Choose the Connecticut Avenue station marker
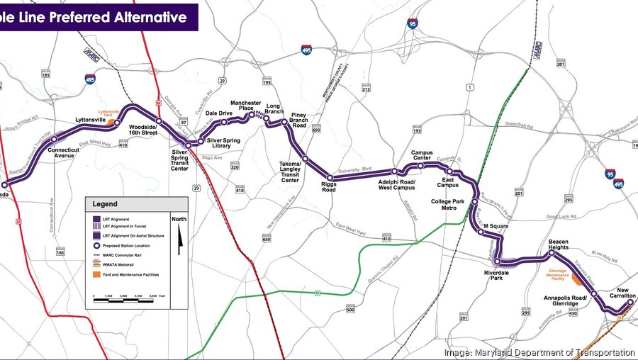coord(54,140)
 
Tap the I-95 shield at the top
coord(414,26)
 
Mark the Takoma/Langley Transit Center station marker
coord(305,159)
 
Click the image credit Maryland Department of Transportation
coord(539,352)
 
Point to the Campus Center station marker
coord(420,166)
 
